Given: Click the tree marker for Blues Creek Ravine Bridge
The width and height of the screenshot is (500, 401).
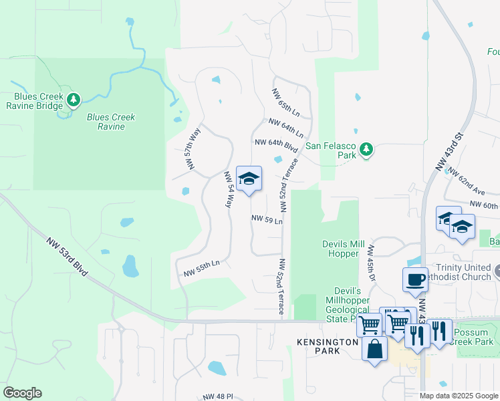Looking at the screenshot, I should point(73,101).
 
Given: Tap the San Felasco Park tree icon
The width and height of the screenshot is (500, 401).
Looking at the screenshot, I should point(366,150).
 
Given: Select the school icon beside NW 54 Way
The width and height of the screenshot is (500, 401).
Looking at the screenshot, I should point(249,179).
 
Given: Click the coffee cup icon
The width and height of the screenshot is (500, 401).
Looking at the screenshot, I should point(415,279).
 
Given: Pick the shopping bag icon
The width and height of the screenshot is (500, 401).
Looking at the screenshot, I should point(374,348).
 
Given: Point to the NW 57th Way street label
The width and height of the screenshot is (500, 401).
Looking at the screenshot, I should point(193,148).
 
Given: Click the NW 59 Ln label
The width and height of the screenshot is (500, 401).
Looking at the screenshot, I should point(267,219).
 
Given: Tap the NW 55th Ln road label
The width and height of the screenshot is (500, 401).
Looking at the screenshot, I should point(202,269).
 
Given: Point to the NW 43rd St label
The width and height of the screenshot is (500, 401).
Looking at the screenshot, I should point(458,146).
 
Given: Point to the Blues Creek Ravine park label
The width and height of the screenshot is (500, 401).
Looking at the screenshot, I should point(111,122).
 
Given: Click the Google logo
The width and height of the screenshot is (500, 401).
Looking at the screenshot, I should point(22,393).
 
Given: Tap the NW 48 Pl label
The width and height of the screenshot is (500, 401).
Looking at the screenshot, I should point(219,396).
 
